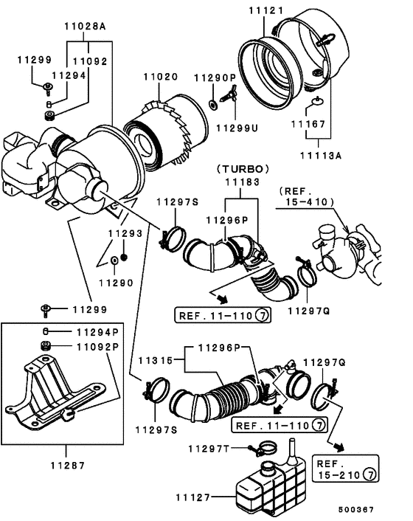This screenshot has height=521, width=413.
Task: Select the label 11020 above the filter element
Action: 160,77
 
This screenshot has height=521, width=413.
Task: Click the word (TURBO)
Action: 243,168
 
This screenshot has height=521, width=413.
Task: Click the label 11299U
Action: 236,127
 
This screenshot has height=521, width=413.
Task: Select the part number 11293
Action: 125,233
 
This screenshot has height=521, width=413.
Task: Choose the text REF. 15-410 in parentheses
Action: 306,196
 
